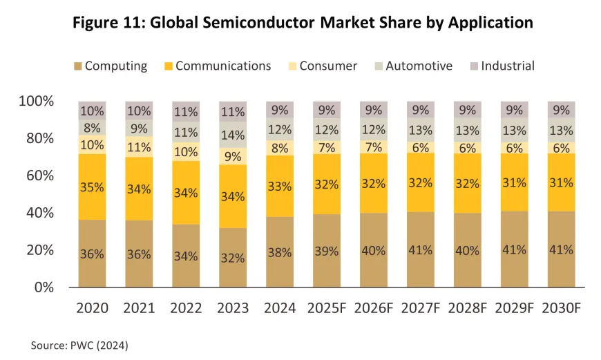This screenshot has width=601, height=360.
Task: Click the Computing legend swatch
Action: [x=78, y=66]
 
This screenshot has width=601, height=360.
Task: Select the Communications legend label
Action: [x=223, y=66]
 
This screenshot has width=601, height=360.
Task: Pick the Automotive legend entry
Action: [x=419, y=66]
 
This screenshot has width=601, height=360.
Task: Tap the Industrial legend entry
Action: [x=508, y=66]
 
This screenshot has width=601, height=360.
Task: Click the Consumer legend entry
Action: [x=328, y=66]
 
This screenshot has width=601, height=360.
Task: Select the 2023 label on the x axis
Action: [x=233, y=307]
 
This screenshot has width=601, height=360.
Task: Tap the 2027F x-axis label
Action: [x=420, y=307]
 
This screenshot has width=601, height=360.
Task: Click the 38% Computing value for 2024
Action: [x=279, y=253]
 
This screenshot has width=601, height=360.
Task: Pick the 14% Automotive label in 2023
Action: [x=233, y=135]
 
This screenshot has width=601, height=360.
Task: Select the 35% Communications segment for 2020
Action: [x=92, y=187]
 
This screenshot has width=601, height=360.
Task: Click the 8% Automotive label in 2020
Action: [x=92, y=127]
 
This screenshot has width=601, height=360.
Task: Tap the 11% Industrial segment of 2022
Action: [x=186, y=112]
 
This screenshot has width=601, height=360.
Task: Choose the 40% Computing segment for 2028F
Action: [x=467, y=250]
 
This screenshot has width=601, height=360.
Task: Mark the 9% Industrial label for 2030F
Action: [x=560, y=109]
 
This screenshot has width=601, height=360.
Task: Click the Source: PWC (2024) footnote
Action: [x=79, y=344]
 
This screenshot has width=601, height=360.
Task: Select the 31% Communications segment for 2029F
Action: [x=513, y=182]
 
